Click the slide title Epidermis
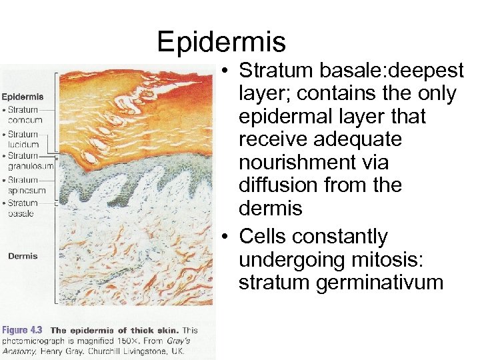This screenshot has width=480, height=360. pyautogui.click(x=221, y=41)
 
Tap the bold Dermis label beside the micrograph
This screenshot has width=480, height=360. pyautogui.click(x=23, y=256)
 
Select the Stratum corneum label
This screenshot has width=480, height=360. pyautogui.click(x=24, y=115)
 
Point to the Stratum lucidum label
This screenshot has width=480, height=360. pyautogui.click(x=23, y=139)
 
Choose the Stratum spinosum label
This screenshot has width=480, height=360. pyautogui.click(x=25, y=185)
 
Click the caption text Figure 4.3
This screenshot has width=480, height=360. pyautogui.click(x=23, y=330)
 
